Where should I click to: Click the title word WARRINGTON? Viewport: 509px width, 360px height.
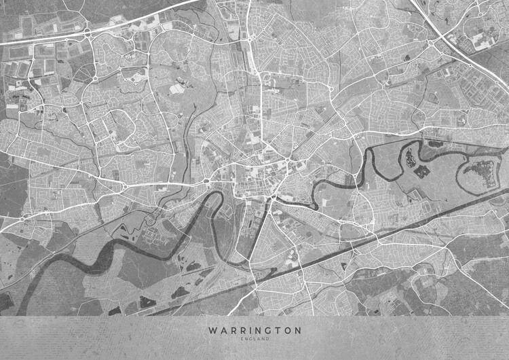pos(254,330)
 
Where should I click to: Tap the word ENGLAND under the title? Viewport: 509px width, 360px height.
pos(254,339)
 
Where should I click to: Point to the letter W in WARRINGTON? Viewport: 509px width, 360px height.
pos(213,330)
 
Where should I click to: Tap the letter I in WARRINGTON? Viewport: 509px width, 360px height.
pos(249,330)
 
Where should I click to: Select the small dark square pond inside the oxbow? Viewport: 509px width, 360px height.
pos(421,171)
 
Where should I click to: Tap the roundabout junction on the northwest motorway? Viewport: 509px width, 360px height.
pos(88,31)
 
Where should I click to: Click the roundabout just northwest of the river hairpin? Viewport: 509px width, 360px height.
pos(206,180)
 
